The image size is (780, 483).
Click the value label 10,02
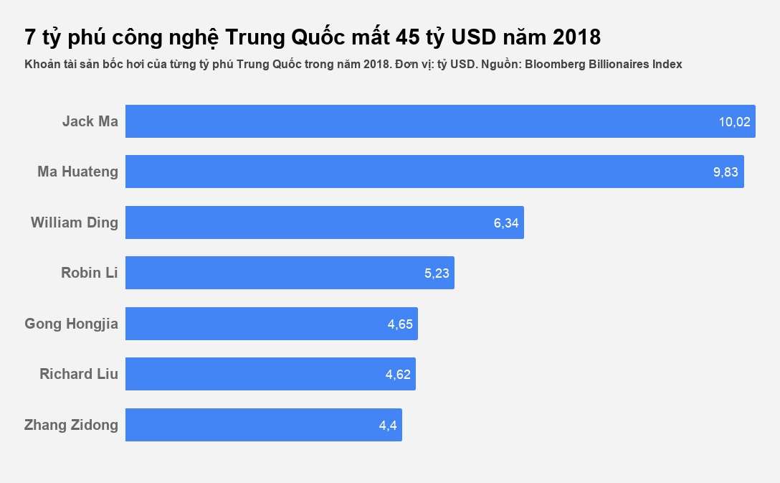click(x=734, y=122)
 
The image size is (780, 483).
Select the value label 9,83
click(x=726, y=172)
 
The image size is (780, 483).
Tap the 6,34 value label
click(x=506, y=223)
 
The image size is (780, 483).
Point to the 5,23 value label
click(x=437, y=273)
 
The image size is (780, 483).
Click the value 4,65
click(x=400, y=324)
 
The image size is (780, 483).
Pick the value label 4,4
click(x=388, y=426)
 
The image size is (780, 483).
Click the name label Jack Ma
click(x=90, y=121)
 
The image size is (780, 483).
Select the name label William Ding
click(x=75, y=222)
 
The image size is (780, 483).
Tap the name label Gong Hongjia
click(x=72, y=324)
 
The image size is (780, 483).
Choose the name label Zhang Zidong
click(x=72, y=425)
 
